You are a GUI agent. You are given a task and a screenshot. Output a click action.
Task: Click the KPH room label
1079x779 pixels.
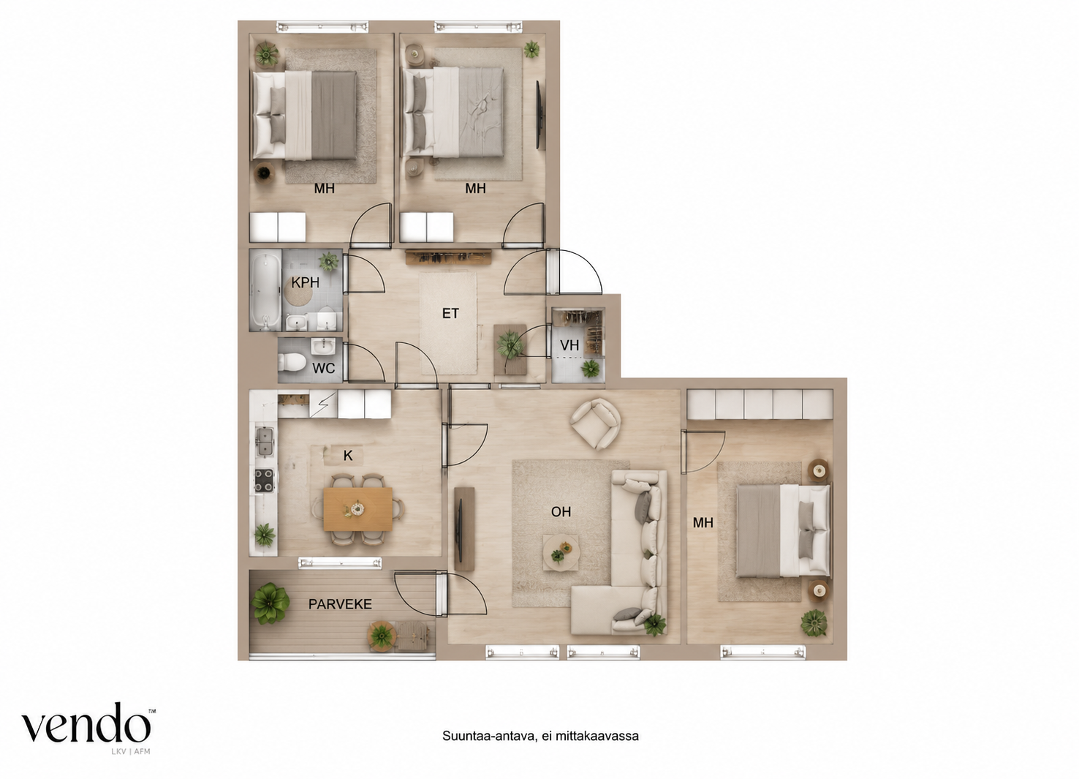point(306,282)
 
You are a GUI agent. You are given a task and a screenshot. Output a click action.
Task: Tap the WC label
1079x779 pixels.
point(323,369)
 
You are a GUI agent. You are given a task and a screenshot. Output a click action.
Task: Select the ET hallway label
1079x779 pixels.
point(450,314)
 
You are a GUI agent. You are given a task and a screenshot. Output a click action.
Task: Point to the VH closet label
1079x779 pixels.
point(569,345)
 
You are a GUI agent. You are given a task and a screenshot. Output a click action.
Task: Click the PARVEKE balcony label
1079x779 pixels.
point(340,604)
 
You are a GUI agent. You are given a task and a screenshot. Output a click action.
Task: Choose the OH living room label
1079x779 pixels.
point(561,511)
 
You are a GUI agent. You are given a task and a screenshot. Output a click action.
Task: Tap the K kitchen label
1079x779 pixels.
point(348,456)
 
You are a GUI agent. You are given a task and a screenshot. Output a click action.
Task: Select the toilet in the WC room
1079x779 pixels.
point(292,363)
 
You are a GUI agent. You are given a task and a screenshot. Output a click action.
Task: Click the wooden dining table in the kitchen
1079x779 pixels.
point(358,509)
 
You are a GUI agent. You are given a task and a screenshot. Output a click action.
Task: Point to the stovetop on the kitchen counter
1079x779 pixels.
point(264,480)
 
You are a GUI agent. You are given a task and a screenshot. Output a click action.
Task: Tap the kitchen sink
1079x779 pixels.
point(264,442)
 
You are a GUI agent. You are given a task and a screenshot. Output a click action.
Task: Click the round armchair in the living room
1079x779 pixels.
point(595,424)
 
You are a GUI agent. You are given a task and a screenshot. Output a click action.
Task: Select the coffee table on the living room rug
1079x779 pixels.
point(561,553)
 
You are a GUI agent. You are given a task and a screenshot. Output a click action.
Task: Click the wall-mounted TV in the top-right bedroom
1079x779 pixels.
point(540,116)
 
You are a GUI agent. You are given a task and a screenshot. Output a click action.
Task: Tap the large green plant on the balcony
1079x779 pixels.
point(270,603)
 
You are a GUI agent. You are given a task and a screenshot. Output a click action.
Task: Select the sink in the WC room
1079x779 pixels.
point(323,346)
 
